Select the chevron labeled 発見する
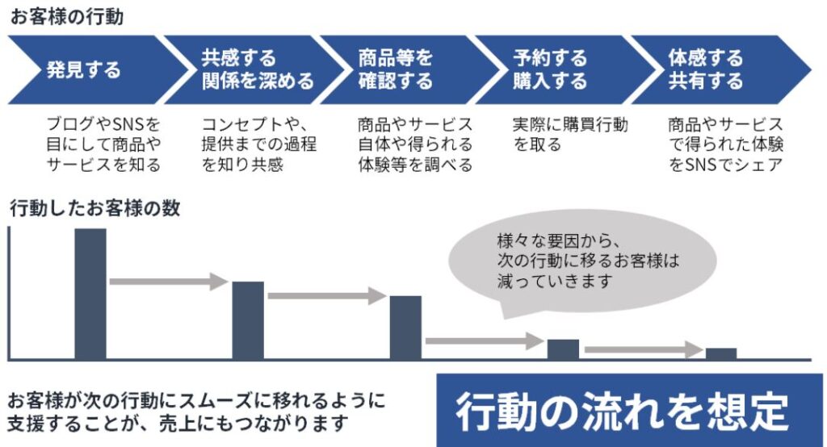pos(85,69)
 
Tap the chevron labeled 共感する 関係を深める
pos(246,69)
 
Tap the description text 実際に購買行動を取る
pos(570,135)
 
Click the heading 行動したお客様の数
pos(94,208)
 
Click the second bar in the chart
pos(248,320)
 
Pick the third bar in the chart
pos(405,327)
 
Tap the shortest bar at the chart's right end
pos(721,353)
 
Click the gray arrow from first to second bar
pos(169,282)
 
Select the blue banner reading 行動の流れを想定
pos(629,411)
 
